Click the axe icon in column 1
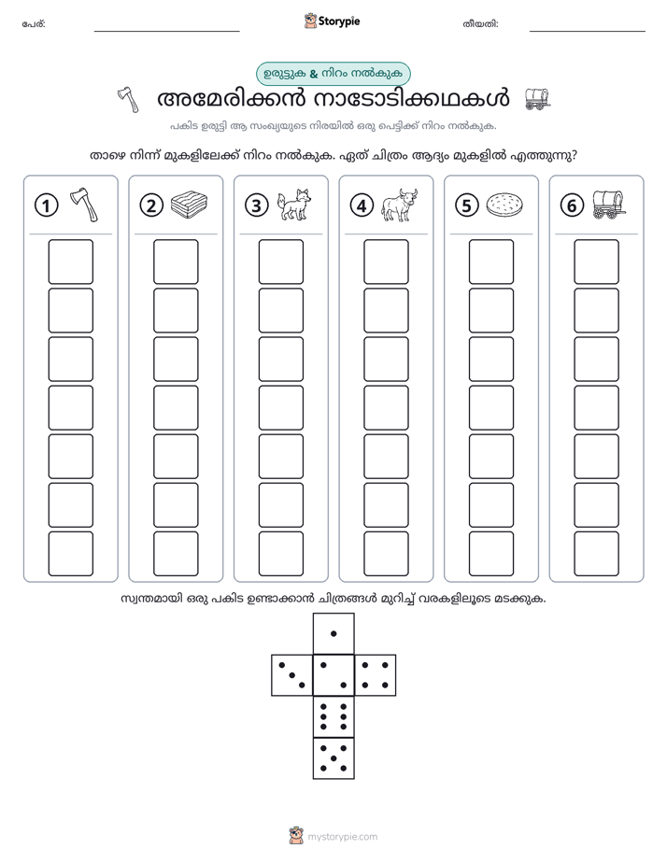tap(84, 205)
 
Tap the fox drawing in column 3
tap(294, 205)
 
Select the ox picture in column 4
tap(400, 205)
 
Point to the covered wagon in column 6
tap(609, 205)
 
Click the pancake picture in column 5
tap(504, 205)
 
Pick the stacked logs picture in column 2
tap(190, 205)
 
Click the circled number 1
tap(46, 205)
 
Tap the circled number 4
tap(362, 205)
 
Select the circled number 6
tap(572, 205)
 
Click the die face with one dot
tap(333, 633)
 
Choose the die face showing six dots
tap(333, 716)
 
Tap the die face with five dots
tap(333, 758)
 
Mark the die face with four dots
tap(376, 674)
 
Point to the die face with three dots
tap(291, 674)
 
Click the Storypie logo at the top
tap(332, 21)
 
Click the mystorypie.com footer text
tap(342, 837)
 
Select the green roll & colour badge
tap(333, 74)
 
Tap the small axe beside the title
tap(128, 100)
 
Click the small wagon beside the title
tap(537, 99)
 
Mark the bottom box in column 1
tap(70, 554)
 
